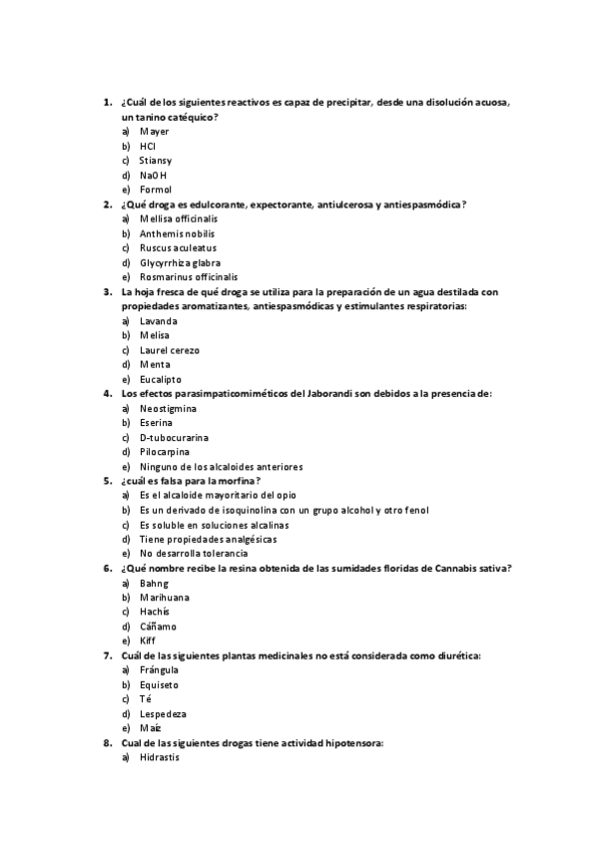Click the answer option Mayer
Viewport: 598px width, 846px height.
coord(154,132)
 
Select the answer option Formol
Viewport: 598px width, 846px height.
coord(156,190)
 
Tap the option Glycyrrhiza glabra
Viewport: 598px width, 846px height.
coord(180,262)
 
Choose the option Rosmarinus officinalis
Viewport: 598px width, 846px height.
coord(188,277)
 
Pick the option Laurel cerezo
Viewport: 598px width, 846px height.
coord(170,350)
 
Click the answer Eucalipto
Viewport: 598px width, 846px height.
coord(162,379)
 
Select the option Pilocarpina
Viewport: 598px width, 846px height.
coord(165,452)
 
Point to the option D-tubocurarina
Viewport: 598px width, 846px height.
coord(174,437)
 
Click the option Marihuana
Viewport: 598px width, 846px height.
coord(165,598)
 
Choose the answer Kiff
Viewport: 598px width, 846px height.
coord(148,640)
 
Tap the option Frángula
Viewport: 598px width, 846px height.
coord(159,670)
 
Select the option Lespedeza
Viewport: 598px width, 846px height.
coord(163,714)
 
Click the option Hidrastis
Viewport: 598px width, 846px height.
coord(160,757)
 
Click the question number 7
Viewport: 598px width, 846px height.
coord(107,655)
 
